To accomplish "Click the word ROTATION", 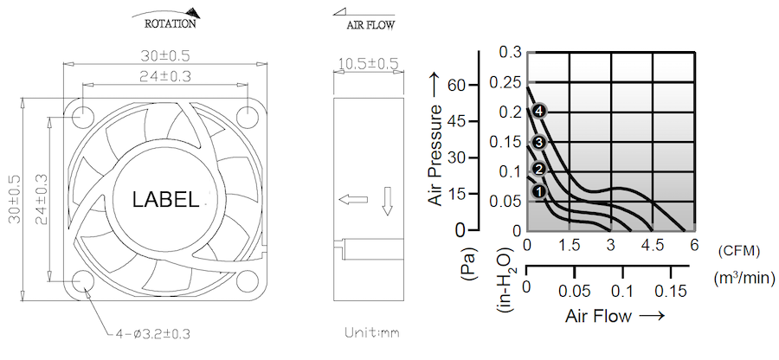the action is click(170, 23).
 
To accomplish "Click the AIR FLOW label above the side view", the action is click(371, 25).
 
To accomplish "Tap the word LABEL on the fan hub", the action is click(165, 200).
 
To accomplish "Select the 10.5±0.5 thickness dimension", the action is click(368, 63).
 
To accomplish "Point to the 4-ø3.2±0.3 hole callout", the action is click(152, 334).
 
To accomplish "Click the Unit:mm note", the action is click(372, 332).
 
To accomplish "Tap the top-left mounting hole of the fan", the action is click(82, 117).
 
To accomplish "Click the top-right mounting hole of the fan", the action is click(247, 117).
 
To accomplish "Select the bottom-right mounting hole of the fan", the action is click(247, 282).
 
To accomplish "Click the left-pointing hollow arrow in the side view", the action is click(353, 200).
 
